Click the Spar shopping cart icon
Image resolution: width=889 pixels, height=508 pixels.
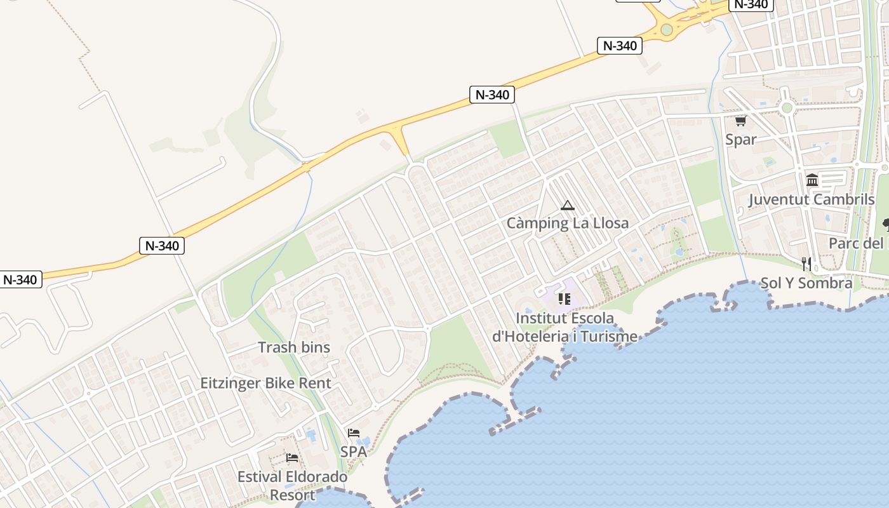click(x=740, y=121)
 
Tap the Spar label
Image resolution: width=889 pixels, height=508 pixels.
click(x=740, y=140)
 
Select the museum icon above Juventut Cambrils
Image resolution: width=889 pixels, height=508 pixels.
click(x=812, y=180)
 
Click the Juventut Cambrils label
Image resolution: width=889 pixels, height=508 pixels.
click(x=812, y=199)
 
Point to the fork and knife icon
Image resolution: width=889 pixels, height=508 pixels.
click(x=806, y=264)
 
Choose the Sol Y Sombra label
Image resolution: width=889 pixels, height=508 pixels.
click(x=806, y=283)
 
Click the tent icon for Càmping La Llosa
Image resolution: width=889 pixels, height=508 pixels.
click(x=567, y=205)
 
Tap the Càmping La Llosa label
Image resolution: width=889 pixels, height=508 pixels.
click(x=567, y=224)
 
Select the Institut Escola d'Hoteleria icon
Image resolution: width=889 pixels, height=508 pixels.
click(x=565, y=298)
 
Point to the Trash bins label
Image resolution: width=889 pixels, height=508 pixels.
click(x=294, y=347)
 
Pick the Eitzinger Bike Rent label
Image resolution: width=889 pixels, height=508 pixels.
click(x=266, y=384)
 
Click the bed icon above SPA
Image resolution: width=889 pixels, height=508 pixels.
click(x=354, y=433)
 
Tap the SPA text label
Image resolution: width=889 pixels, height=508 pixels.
click(x=354, y=452)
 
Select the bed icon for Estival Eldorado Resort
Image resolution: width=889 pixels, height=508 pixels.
click(x=292, y=457)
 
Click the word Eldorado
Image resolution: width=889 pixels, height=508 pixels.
click(x=316, y=477)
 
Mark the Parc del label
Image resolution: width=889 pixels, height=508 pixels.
click(x=857, y=244)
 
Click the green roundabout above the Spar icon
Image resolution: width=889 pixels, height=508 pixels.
click(x=787, y=107)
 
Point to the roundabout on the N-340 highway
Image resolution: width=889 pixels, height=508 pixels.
click(x=666, y=29)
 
